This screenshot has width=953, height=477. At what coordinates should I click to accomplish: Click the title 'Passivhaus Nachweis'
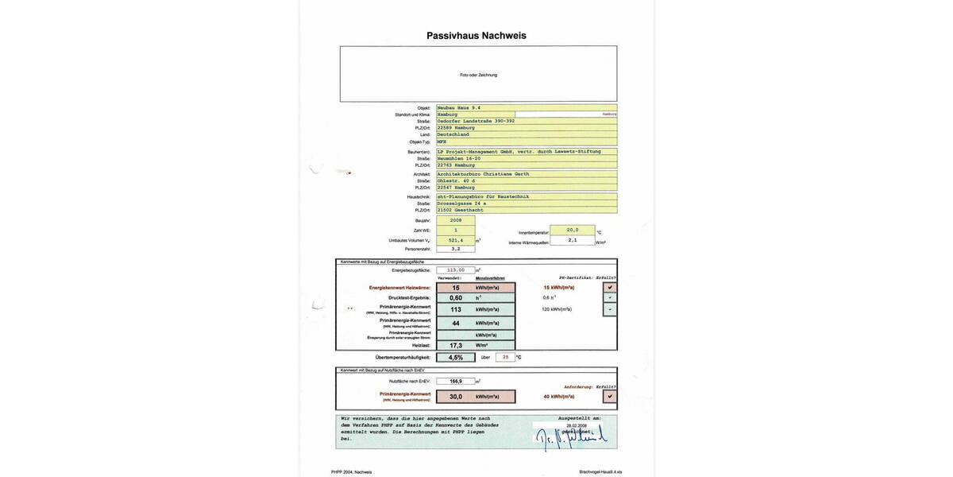pos(476,36)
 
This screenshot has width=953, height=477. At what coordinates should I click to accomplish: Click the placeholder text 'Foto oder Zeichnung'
pos(478,75)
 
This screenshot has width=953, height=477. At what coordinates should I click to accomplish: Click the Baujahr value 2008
pos(455,220)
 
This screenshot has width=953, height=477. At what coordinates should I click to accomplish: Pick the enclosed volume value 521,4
pos(455,239)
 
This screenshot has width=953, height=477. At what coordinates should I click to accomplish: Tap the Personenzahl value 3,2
pos(455,249)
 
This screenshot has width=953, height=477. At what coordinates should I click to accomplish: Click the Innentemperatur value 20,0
pos(572,230)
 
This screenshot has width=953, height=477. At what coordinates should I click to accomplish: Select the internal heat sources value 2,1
pos(572,240)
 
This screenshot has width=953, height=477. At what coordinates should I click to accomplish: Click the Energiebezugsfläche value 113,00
pos(455,270)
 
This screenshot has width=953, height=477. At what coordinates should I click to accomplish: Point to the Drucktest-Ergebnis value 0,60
pos(455,298)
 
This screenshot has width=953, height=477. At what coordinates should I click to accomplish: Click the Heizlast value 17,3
pos(455,346)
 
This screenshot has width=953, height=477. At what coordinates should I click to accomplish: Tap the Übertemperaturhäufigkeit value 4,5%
pos(455,358)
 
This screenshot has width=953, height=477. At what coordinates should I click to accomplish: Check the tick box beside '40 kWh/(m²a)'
pos(609,396)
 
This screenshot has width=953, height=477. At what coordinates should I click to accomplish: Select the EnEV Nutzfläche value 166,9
pos(455,382)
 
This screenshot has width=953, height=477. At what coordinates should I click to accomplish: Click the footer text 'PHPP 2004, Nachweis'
pos(352,471)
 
